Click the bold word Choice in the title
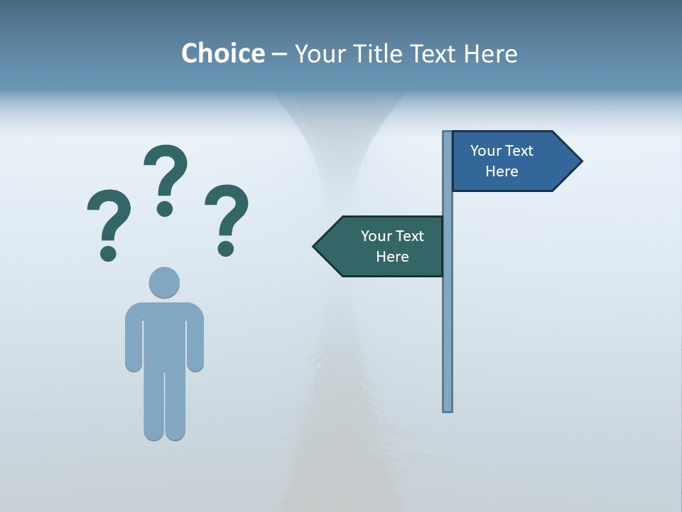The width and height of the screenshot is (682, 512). point(222,53)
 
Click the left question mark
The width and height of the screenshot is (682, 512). point(109,217)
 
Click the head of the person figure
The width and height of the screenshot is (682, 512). point(164,282)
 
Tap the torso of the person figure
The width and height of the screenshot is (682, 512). point(164,334)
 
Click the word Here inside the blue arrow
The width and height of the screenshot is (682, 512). point(502,171)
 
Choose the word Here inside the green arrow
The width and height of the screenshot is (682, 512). point(392,257)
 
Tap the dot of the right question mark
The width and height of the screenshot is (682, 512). point(226,248)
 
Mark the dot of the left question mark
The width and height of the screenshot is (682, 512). point(108,252)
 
